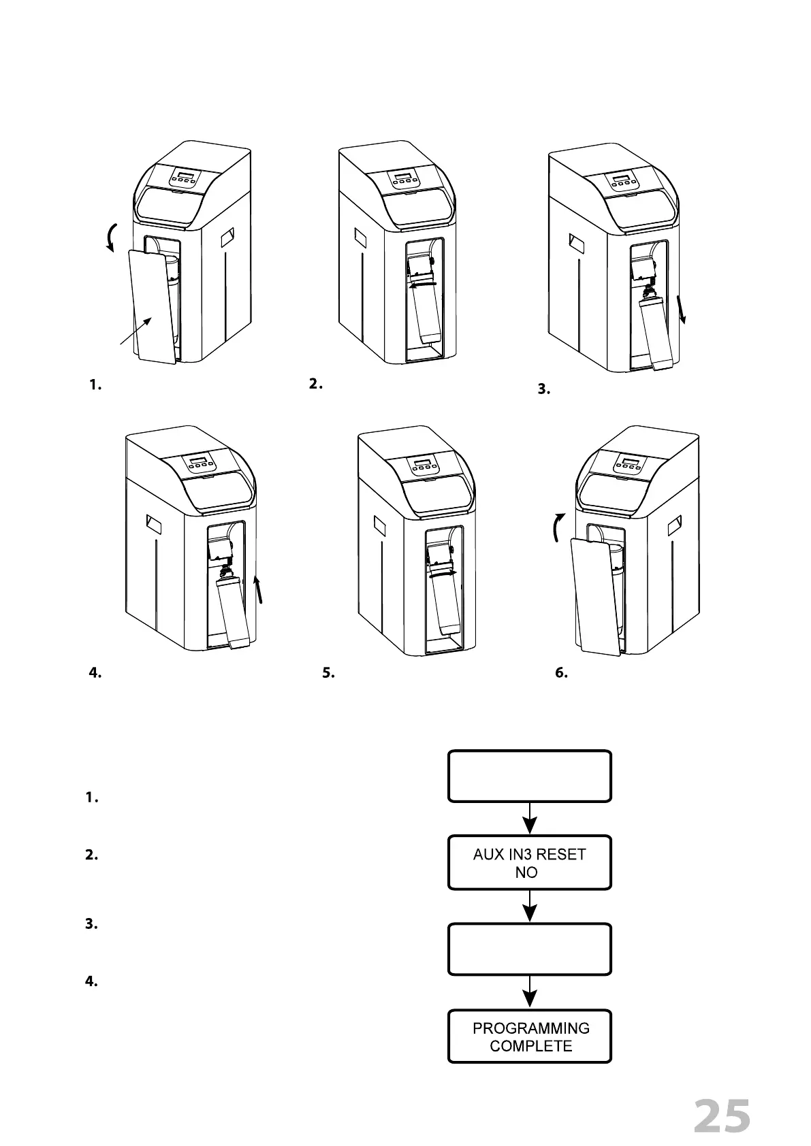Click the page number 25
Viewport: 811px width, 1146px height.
tap(722, 1116)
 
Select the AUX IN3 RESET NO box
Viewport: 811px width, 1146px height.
tap(529, 862)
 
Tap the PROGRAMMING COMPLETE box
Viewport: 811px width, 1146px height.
tap(529, 1036)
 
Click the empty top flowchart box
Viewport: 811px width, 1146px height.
tap(529, 776)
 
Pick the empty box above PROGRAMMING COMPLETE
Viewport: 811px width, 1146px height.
tap(529, 949)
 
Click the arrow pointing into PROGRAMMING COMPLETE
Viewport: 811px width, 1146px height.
tap(529, 993)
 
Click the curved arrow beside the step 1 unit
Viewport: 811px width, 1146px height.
tap(112, 238)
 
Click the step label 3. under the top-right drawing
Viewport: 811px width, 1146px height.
tap(543, 390)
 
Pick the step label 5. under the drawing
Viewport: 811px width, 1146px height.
tap(328, 673)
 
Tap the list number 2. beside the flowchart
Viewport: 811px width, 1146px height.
tap(91, 855)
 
